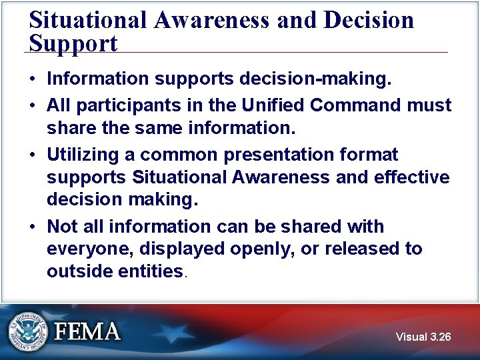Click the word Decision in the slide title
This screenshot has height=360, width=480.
tap(369, 20)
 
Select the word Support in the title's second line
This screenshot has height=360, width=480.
tap(73, 43)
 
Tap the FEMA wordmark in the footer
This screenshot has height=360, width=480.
tap(87, 331)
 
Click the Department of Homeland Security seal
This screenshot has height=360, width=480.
tap(28, 331)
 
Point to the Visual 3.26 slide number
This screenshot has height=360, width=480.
tap(423, 337)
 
